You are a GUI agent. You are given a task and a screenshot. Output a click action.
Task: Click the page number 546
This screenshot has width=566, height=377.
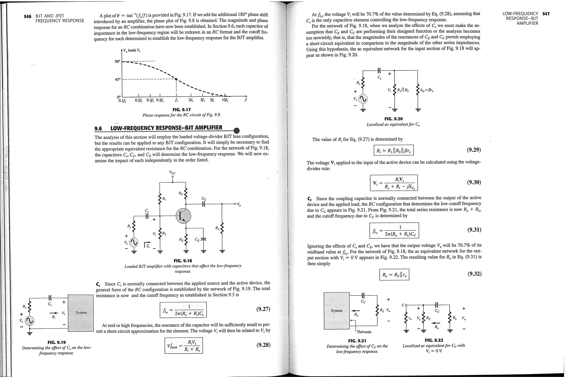(x=28, y=16)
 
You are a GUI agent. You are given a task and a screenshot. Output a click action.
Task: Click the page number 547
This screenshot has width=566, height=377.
(x=546, y=14)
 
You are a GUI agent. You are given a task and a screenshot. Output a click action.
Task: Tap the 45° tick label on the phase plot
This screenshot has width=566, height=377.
(x=118, y=80)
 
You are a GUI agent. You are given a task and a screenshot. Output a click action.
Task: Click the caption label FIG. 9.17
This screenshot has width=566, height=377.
(x=182, y=110)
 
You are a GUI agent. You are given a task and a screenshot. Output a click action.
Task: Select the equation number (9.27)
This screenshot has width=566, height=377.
(x=263, y=309)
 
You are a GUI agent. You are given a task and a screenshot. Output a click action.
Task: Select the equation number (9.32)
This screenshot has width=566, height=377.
(x=474, y=274)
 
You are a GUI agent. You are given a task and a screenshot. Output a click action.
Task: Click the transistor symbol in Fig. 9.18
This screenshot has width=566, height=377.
(x=183, y=216)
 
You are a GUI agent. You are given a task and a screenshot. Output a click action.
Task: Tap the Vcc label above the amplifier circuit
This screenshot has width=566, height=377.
(x=172, y=173)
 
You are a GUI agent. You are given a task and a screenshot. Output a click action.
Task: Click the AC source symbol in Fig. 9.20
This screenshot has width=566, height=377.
(x=363, y=99)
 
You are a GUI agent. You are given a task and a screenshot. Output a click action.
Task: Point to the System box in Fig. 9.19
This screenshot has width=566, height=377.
(x=81, y=313)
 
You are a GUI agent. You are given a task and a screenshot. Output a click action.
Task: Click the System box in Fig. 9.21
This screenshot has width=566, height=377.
(x=337, y=311)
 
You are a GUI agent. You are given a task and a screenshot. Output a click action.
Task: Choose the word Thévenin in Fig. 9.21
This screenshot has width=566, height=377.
(x=364, y=332)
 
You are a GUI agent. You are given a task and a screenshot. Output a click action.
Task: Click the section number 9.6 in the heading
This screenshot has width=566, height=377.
(x=98, y=128)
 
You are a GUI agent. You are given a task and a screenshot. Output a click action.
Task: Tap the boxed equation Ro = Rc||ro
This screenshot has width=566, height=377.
(x=394, y=275)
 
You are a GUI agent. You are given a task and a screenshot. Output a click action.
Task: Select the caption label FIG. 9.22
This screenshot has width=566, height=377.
(x=434, y=340)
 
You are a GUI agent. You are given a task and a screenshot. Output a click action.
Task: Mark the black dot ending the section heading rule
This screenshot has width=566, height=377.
(x=237, y=131)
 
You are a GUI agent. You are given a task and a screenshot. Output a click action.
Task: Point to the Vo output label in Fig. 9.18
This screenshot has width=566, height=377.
(x=239, y=205)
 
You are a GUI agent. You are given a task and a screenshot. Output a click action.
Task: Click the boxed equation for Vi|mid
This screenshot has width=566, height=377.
(x=184, y=345)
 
